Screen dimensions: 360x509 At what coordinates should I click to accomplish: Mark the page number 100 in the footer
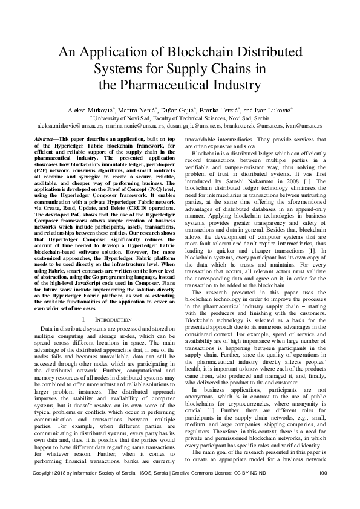tap(322, 489)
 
